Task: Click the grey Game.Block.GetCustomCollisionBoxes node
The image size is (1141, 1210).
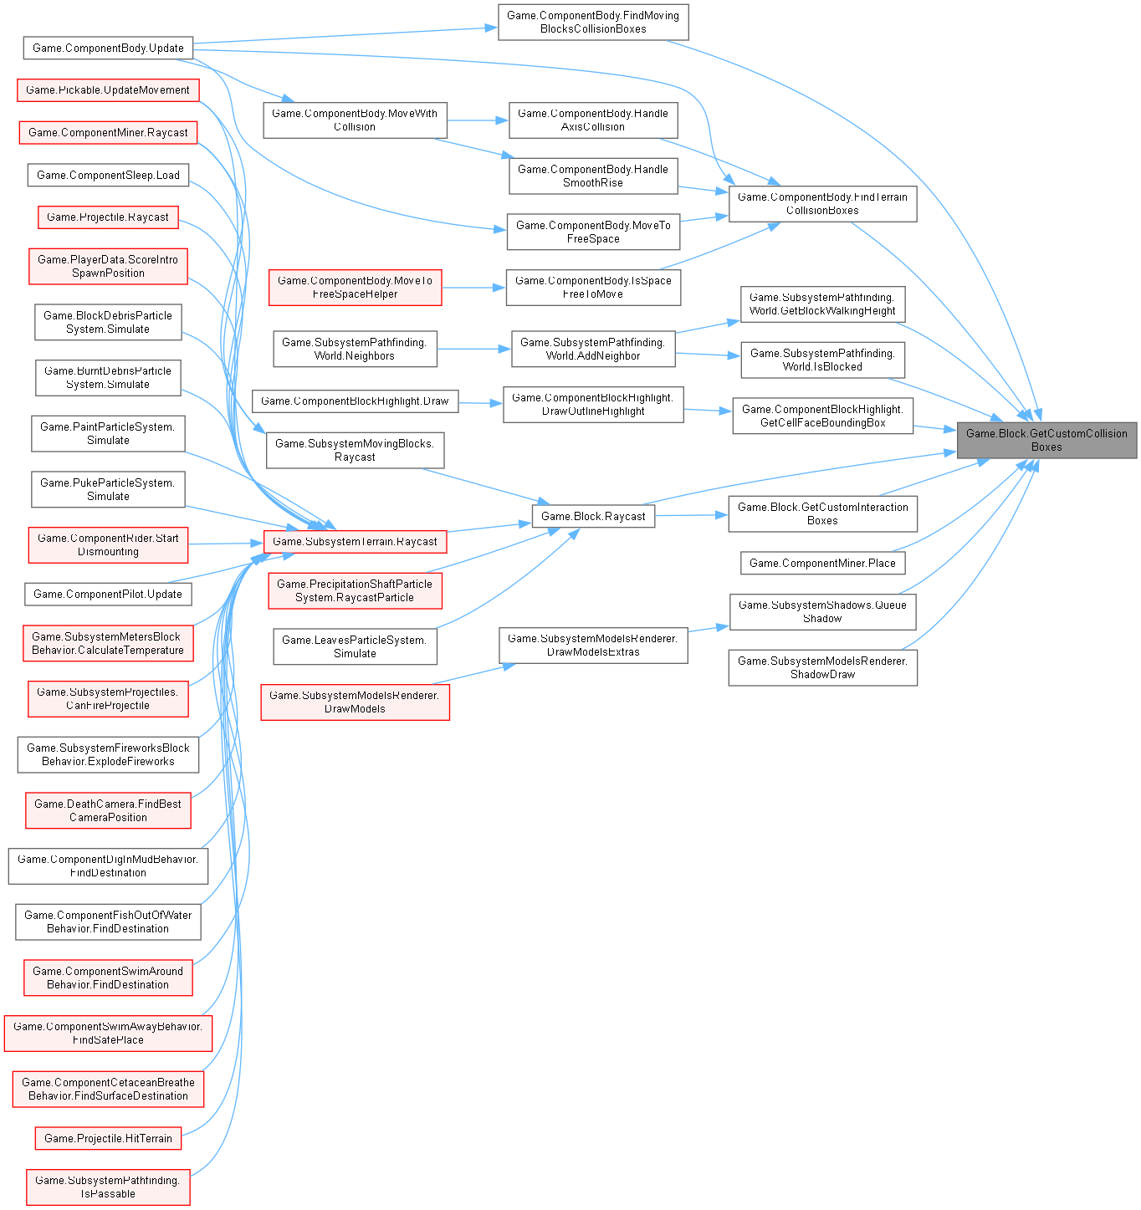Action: point(1046,440)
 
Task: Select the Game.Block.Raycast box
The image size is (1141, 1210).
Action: point(593,516)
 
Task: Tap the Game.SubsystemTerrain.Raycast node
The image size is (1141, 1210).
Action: point(356,541)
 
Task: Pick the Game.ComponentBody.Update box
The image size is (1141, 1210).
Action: point(108,48)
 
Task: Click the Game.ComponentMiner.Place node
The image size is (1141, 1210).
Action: point(822,563)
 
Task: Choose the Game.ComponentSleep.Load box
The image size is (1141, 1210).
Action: point(108,175)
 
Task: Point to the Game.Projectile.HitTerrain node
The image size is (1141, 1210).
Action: point(108,1138)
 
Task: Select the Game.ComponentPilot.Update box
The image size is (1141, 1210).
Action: point(108,594)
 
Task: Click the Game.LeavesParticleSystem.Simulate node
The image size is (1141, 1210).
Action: point(355,646)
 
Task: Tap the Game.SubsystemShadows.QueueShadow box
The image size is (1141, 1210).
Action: point(822,611)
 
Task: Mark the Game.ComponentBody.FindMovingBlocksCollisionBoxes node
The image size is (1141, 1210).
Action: point(593,22)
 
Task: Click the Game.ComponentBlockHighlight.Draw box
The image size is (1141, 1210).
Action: point(355,401)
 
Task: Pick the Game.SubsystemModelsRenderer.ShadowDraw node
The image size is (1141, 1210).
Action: point(822,667)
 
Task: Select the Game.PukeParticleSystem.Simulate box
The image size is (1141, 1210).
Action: point(108,489)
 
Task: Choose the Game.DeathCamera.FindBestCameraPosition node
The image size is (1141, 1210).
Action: point(108,810)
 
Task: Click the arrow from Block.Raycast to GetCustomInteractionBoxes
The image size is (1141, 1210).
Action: point(691,515)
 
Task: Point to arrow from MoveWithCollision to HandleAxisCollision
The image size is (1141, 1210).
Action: point(478,120)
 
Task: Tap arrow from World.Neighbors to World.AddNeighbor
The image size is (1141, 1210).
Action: point(473,349)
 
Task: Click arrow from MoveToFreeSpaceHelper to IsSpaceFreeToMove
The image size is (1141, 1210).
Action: point(473,288)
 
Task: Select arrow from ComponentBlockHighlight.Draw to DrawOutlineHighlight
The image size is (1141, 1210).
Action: point(480,403)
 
